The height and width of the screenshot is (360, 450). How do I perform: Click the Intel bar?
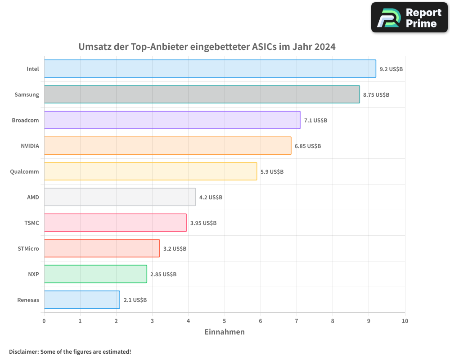pyautogui.click(x=210, y=69)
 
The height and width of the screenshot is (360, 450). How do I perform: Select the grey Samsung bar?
pyautogui.click(x=202, y=94)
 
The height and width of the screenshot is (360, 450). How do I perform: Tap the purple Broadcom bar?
pyautogui.click(x=172, y=120)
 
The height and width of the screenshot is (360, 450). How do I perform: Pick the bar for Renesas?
pyautogui.click(x=82, y=300)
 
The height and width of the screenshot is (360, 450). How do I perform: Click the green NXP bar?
pyautogui.click(x=95, y=274)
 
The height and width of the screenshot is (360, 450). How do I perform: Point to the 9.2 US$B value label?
pyautogui.click(x=391, y=69)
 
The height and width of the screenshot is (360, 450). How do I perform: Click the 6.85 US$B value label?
pyautogui.click(x=308, y=146)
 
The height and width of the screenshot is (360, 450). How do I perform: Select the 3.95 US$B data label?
pyautogui.click(x=203, y=223)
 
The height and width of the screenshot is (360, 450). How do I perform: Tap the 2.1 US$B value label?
pyautogui.click(x=135, y=300)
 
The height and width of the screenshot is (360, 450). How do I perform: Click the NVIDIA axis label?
pyautogui.click(x=30, y=146)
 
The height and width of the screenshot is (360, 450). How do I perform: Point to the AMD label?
pyautogui.click(x=33, y=197)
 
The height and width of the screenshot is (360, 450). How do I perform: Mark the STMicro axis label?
pyautogui.click(x=28, y=248)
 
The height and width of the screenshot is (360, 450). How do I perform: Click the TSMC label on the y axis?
pyautogui.click(x=31, y=223)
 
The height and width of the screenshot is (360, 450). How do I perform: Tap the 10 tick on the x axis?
pyautogui.click(x=405, y=321)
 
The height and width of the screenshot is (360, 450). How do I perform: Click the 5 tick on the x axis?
pyautogui.click(x=225, y=321)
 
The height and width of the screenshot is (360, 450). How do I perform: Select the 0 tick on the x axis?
pyautogui.click(x=44, y=321)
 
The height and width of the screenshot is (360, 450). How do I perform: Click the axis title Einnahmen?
pyautogui.click(x=225, y=332)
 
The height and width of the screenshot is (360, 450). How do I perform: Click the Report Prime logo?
pyautogui.click(x=409, y=18)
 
